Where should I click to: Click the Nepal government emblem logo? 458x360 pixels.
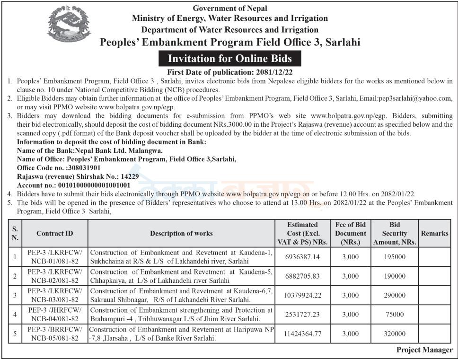coord(69,24)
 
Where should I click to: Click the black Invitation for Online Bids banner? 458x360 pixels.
coord(230,59)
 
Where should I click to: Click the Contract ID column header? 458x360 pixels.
coord(55,233)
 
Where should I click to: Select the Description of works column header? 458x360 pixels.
coord(181,233)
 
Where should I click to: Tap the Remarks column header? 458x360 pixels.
coord(434,233)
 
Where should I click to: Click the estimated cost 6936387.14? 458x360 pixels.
coord(303,256)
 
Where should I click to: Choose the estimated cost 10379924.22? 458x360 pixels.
coord(303,295)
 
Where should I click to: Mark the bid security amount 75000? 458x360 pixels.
coord(395,314)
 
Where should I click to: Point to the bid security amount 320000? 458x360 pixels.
coord(395,334)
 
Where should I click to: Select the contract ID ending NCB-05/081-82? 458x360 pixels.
coord(55,338)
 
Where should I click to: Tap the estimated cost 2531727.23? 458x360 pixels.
coord(303,314)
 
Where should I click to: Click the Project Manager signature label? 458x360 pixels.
coord(424,350)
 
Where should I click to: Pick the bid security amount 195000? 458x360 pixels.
coord(395,256)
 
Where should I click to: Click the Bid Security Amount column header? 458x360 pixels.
coord(395,233)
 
